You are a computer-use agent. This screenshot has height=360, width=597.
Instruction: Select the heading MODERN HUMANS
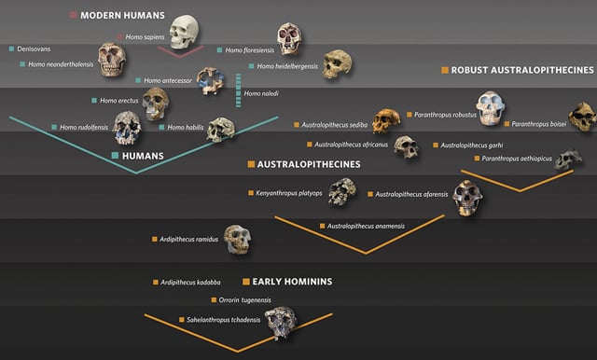[122, 16]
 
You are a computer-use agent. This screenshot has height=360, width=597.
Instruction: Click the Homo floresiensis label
[248, 50]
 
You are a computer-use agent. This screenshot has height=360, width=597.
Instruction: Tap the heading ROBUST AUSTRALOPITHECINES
[521, 70]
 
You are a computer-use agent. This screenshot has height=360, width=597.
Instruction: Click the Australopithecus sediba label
[331, 124]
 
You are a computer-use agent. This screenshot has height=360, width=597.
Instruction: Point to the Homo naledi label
[262, 94]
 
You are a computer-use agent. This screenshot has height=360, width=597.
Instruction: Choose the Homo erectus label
[119, 100]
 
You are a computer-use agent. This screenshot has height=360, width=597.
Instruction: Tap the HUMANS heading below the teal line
[143, 156]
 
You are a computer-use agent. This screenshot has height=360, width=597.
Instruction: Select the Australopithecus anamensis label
[366, 226]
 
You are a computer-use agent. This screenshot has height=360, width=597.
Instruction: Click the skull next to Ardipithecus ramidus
[238, 240]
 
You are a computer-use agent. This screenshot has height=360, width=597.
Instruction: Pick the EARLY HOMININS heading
[292, 281]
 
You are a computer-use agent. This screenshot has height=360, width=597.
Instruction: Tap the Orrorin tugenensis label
[244, 299]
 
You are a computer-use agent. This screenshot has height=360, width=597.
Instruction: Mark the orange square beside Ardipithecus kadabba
[155, 282]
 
